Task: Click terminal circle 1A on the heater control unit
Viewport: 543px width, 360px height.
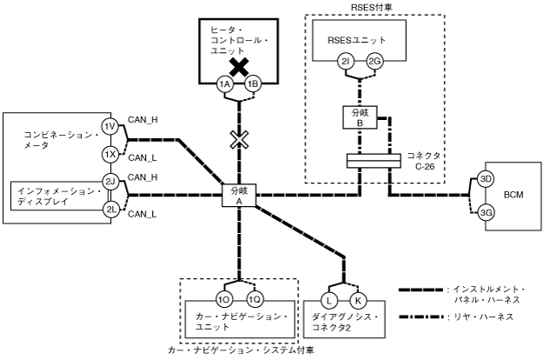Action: pos(225,84)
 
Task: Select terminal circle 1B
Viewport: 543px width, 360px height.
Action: pos(253,84)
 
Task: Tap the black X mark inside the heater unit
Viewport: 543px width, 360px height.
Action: pos(239,67)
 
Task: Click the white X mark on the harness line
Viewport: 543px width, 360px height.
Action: pos(239,140)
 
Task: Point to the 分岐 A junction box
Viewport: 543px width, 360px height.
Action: pos(239,196)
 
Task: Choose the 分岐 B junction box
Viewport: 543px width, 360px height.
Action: pos(360,117)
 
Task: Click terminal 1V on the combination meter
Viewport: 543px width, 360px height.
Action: pos(110,126)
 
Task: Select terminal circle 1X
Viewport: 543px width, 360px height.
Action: pos(110,155)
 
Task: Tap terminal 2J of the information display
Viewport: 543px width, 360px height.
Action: pos(110,181)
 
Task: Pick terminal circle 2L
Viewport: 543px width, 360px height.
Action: pos(110,210)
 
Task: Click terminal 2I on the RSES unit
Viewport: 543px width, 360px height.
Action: pos(346,62)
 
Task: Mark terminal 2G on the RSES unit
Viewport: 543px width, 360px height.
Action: pos(374,62)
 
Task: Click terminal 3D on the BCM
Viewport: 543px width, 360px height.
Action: pos(486,179)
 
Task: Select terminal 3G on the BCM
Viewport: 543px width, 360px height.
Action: pos(486,213)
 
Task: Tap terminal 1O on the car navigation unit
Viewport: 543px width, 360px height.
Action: pos(224,300)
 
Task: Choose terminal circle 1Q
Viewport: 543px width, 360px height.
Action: pos(255,300)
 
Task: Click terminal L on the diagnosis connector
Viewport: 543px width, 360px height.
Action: pos(329,300)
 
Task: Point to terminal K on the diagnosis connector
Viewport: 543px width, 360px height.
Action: pos(358,300)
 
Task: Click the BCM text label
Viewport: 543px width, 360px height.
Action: pos(513,195)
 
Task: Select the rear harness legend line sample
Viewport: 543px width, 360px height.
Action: pos(421,317)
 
